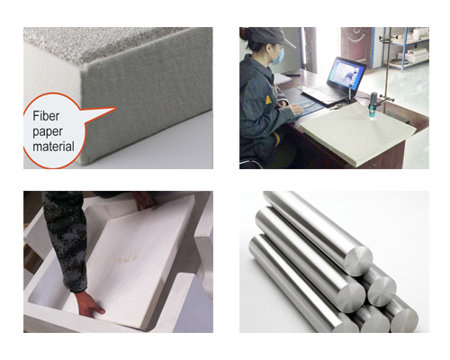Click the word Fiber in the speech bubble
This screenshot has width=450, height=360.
coord(46,116)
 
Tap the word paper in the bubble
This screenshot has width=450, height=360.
coord(48,132)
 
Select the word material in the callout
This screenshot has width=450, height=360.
coord(53,147)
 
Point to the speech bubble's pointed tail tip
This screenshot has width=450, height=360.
coord(115,108)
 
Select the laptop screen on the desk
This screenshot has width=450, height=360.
coord(346,74)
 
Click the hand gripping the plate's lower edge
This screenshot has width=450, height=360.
coord(89,304)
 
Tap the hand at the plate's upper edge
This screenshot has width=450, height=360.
coord(144,201)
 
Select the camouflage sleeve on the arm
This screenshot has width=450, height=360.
coord(66,240)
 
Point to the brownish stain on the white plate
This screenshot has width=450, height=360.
coord(129,259)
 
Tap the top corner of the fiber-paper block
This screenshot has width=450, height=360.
coord(84,67)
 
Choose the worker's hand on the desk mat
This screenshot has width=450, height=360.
coord(296,109)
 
